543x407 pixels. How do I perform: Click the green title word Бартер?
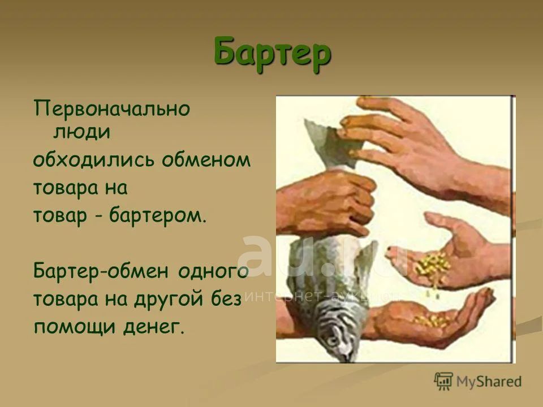[x=272, y=53]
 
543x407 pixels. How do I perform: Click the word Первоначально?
[x=112, y=109]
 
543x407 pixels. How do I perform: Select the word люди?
[x=81, y=132]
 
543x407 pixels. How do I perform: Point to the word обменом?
[x=206, y=160]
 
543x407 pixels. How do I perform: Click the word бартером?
[x=158, y=215]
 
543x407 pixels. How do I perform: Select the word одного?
[x=214, y=272]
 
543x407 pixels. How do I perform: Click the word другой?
[x=168, y=300]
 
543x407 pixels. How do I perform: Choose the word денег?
[x=154, y=327]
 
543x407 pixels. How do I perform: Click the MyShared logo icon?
[x=443, y=382]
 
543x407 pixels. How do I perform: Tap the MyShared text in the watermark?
[x=489, y=382]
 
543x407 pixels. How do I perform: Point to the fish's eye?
[x=332, y=341]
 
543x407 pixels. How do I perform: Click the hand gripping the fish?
[x=327, y=204]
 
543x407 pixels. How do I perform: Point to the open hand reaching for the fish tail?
[x=426, y=152]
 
